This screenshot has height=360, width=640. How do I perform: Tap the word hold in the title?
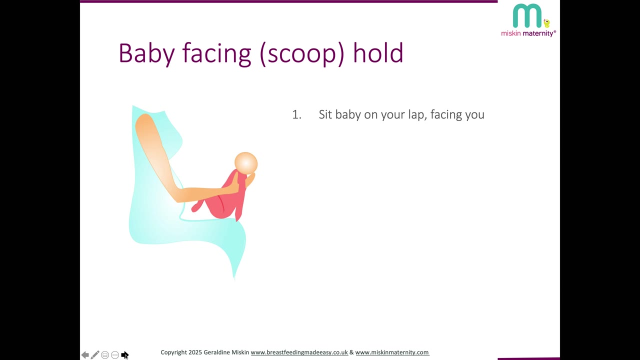pyautogui.click(x=378, y=52)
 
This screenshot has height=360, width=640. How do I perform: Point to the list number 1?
pyautogui.click(x=296, y=114)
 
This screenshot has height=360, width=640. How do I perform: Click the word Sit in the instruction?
pyautogui.click(x=325, y=114)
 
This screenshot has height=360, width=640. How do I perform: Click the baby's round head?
pyautogui.click(x=246, y=163)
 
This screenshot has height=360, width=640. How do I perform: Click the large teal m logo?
pyautogui.click(x=527, y=16)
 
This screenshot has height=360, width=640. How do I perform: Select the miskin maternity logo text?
pyautogui.click(x=528, y=33)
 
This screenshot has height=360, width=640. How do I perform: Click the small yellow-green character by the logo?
pyautogui.click(x=546, y=23)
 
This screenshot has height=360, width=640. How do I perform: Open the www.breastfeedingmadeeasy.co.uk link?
pyautogui.click(x=299, y=352)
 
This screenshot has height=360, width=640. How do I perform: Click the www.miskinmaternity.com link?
pyautogui.click(x=392, y=352)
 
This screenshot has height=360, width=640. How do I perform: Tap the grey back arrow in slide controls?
pyautogui.click(x=85, y=355)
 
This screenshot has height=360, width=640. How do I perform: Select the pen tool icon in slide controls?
pyautogui.click(x=95, y=354)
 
